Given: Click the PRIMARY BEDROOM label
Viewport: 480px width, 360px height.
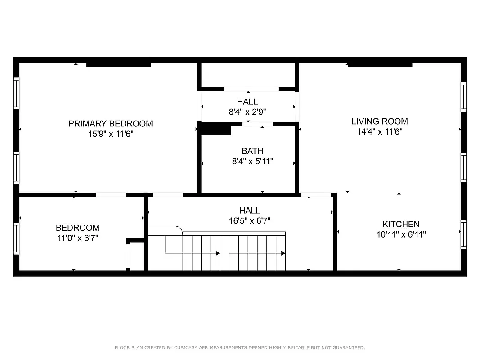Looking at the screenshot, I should [110, 123].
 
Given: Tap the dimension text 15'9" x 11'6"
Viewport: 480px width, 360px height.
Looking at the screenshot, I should [110, 134].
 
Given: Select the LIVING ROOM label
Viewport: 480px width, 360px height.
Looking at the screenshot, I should [379, 121].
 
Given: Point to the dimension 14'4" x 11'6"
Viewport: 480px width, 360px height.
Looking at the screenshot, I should [379, 131].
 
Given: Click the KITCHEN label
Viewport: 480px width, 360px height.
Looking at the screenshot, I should [401, 224].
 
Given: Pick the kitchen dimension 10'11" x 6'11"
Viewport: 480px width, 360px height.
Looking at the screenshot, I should [401, 234].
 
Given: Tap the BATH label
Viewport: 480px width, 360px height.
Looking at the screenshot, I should [252, 151].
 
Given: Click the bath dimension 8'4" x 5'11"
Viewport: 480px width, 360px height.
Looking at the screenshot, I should [252, 161].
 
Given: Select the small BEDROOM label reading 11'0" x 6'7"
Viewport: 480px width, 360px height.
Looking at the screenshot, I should [77, 228].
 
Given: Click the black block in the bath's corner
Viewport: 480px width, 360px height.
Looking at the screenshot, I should [215, 130].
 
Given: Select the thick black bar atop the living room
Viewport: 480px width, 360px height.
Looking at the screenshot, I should [380, 65].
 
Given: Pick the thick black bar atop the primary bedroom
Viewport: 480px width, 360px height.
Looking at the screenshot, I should [118, 65].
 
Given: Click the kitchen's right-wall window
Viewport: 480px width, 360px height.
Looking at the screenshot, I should [463, 234].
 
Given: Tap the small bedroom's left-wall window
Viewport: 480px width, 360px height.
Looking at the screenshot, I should [17, 238].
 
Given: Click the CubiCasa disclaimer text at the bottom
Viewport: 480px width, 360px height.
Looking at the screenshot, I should [240, 347].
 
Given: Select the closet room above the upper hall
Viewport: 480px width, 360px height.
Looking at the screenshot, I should [248, 74].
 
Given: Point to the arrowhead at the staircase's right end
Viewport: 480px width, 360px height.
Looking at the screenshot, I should [283, 253].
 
